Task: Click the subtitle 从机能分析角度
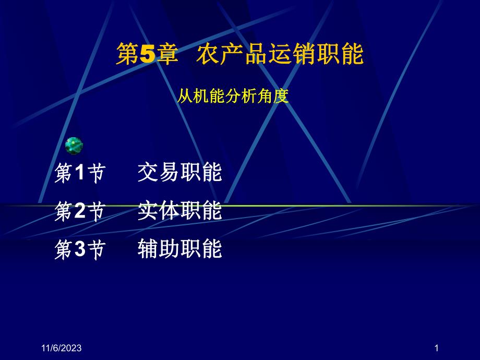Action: [x=233, y=97]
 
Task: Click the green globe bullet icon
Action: [x=74, y=146]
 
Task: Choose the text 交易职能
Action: [x=180, y=173]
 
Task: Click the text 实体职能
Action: [x=180, y=211]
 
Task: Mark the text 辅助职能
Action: [x=180, y=249]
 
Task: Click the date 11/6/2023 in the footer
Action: [x=62, y=349]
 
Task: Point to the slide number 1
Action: [x=436, y=349]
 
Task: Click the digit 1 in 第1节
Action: [x=79, y=174]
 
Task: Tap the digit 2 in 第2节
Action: [x=79, y=212]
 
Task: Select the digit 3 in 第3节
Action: [x=79, y=250]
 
